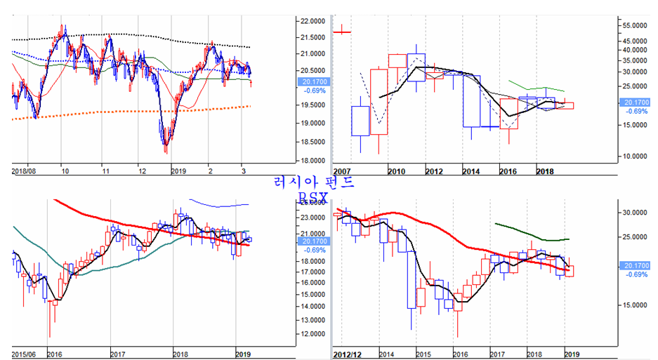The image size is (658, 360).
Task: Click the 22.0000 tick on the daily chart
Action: (312, 21)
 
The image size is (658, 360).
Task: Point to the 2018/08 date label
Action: (25, 171)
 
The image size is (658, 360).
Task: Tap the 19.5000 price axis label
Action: (312, 105)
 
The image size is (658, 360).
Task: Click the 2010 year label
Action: (395, 171)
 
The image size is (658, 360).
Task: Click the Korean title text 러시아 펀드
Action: (315, 182)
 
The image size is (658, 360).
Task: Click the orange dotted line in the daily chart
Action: (140, 111)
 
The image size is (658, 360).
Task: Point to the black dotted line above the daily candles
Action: (140, 35)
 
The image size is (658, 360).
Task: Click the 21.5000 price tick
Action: (312, 38)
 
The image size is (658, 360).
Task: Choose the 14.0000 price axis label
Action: (312, 307)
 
